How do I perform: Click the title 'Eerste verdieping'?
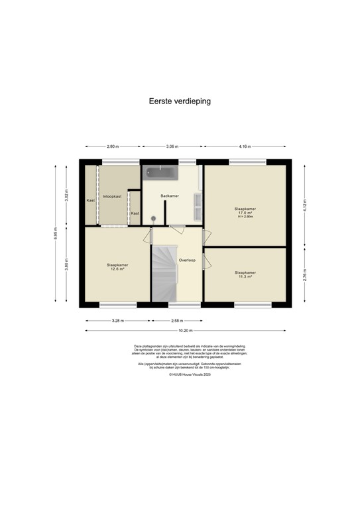pos(180,101)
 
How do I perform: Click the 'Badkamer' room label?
pos(170,196)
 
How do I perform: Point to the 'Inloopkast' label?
pos(112,197)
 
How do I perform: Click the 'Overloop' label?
pos(187,260)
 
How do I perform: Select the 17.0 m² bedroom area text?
pos(245,213)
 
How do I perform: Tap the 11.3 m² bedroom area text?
pos(245,276)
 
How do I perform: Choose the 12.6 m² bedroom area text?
pos(118,268)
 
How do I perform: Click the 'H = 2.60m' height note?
pos(245,217)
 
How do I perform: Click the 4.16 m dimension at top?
pos(245,146)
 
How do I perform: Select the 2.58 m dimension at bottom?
pos(177,320)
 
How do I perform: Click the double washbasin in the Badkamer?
pos(197,207)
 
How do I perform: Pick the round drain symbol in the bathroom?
pos(152,218)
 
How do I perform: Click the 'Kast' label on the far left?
pos(90,199)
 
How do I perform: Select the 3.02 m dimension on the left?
pos(66,196)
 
